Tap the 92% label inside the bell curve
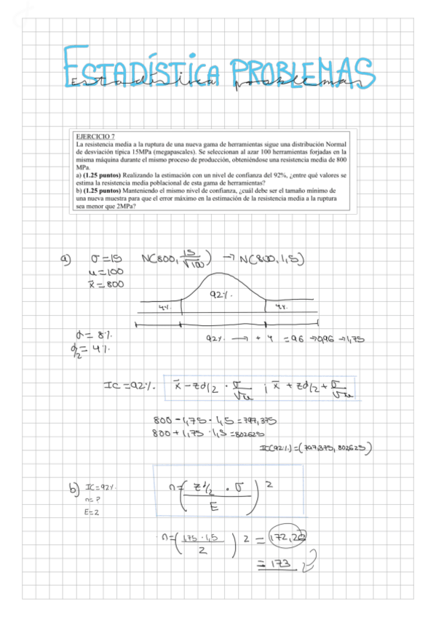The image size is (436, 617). (221, 294)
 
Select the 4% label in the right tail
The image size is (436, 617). (280, 307)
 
